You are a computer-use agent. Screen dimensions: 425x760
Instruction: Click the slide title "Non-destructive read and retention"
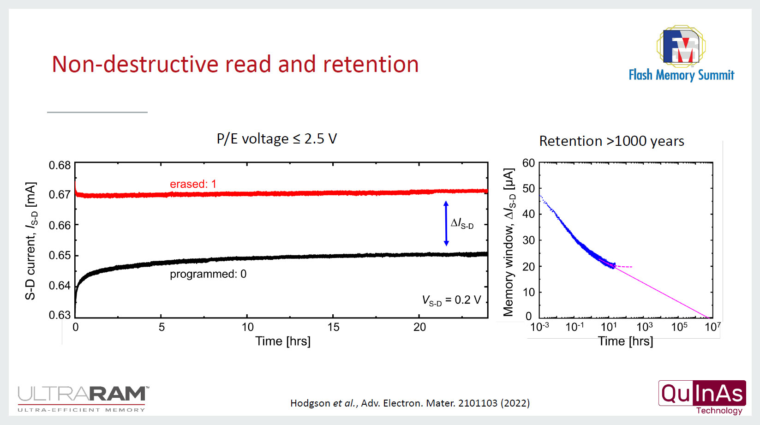[235, 64]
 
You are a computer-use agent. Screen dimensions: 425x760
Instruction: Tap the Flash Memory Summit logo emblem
[681, 45]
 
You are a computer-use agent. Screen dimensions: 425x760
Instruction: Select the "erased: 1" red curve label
[193, 184]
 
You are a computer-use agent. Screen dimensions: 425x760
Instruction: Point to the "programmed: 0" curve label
[208, 274]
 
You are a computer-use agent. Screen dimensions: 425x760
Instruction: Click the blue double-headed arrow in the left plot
[446, 223]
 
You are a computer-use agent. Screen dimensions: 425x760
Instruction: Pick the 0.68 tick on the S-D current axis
[60, 165]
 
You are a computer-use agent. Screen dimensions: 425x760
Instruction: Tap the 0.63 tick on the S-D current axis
[60, 315]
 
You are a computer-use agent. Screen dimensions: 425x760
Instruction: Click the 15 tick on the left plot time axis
[333, 327]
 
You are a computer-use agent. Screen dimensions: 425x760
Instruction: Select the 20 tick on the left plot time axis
[419, 327]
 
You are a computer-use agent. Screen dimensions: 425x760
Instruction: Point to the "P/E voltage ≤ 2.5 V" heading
[277, 139]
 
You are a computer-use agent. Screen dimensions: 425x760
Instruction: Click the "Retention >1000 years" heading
[611, 141]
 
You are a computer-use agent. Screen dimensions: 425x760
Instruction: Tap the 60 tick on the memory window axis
[528, 163]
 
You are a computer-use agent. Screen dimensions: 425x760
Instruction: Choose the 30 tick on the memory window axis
[528, 240]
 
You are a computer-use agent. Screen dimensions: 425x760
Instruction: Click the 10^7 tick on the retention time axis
[712, 327]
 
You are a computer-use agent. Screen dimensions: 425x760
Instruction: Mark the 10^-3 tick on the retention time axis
[539, 327]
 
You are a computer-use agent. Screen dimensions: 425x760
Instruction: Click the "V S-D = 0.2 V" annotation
[451, 300]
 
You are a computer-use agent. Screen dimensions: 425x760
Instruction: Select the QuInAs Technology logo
[702, 397]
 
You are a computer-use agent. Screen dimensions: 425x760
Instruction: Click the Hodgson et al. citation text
[410, 403]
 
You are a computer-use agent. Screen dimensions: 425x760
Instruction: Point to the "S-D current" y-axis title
[30, 241]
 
